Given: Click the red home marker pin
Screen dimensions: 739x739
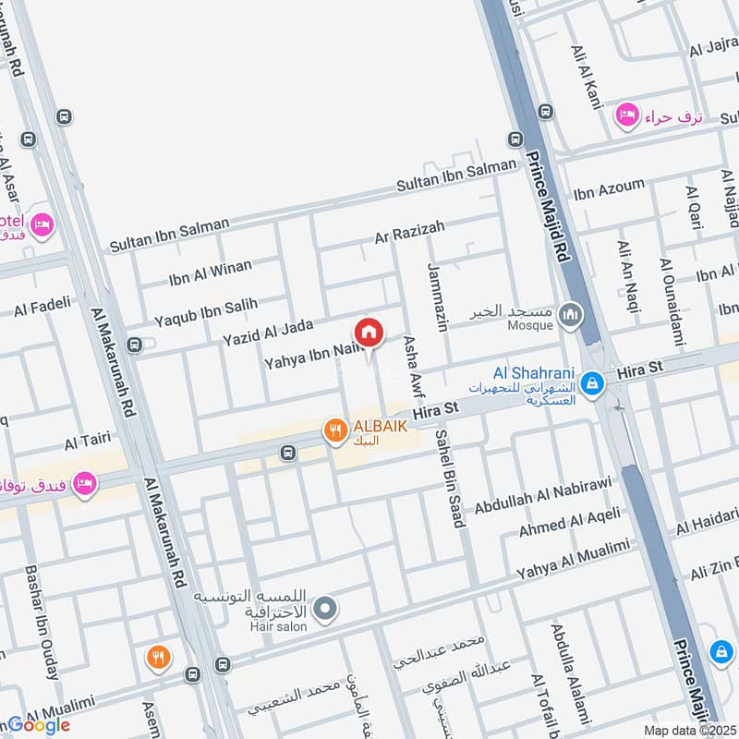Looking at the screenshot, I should click(x=368, y=333).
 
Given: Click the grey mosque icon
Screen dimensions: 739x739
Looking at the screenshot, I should click(x=571, y=316).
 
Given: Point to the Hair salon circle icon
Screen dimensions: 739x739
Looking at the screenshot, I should click(x=324, y=608).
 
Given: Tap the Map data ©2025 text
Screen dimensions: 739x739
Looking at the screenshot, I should click(x=688, y=730).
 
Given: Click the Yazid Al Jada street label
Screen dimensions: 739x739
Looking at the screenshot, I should click(x=268, y=333).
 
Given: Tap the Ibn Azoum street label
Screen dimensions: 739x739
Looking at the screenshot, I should click(x=609, y=190).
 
